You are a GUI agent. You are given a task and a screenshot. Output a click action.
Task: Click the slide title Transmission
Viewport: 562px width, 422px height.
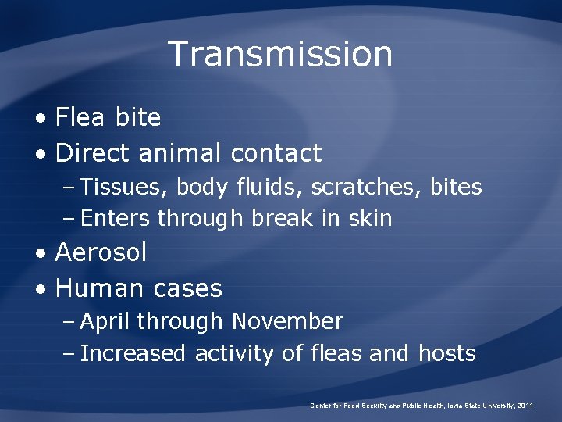[x=280, y=54]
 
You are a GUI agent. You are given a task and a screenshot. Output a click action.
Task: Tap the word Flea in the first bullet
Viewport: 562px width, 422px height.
[x=81, y=118]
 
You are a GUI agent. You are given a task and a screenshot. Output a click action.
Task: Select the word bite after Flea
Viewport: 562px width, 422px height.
[x=137, y=118]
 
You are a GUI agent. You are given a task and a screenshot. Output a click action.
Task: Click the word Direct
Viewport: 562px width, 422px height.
[x=93, y=152]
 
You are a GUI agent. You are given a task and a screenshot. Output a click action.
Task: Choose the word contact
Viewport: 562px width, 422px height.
[x=276, y=152]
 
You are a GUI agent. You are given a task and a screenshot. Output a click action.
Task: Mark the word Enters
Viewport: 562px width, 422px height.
[x=116, y=218]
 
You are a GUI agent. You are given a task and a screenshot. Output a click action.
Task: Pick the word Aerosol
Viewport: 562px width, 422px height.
[x=101, y=253]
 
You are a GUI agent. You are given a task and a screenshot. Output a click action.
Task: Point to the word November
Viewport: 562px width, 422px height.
[x=286, y=321]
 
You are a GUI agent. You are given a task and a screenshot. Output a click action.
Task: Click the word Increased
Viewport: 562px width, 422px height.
[x=133, y=353]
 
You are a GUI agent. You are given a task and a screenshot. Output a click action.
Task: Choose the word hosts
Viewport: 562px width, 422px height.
[x=446, y=353]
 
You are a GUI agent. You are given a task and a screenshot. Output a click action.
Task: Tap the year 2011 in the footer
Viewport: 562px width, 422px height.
[x=525, y=406]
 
